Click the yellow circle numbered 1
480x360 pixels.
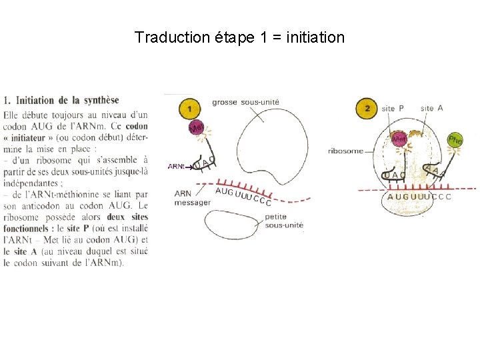190,108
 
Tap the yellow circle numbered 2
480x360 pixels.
367,109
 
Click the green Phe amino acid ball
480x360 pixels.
455,140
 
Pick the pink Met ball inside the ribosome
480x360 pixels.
399,139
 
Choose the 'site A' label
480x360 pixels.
432,108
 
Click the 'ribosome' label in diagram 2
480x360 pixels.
345,151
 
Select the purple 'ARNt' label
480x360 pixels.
176,166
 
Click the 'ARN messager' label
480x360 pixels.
192,198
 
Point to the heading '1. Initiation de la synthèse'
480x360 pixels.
61,101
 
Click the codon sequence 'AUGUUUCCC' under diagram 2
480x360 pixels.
419,197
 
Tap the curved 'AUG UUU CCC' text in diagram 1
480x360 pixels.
243,196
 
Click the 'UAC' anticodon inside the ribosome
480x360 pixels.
395,175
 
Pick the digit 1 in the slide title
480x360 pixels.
262,37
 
